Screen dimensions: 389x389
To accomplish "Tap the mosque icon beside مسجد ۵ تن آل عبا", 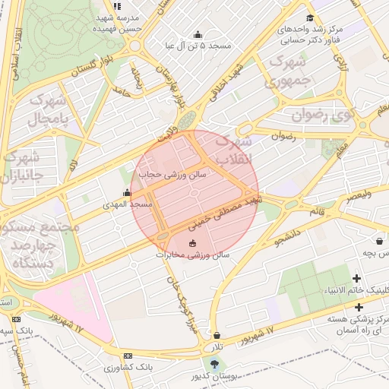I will coord(198,34).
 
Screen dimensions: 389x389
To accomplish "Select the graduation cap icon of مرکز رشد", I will coord(308,18).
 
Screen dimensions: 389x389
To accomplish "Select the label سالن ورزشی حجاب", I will coord(168,174).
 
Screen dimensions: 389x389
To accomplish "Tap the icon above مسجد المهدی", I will coord(127,193).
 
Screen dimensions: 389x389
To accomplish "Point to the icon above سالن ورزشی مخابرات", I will coord(191,243).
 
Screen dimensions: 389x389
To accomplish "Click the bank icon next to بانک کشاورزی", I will coord(127,356).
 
